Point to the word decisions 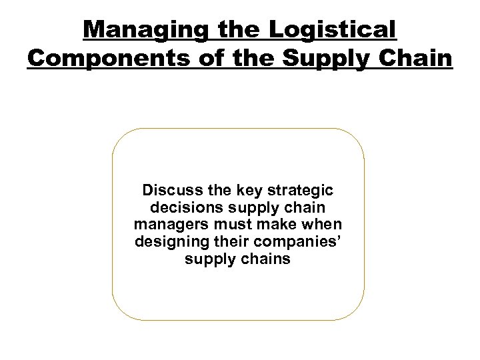tap(175, 207)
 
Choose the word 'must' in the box tap(229, 224)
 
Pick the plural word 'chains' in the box tap(266, 259)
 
